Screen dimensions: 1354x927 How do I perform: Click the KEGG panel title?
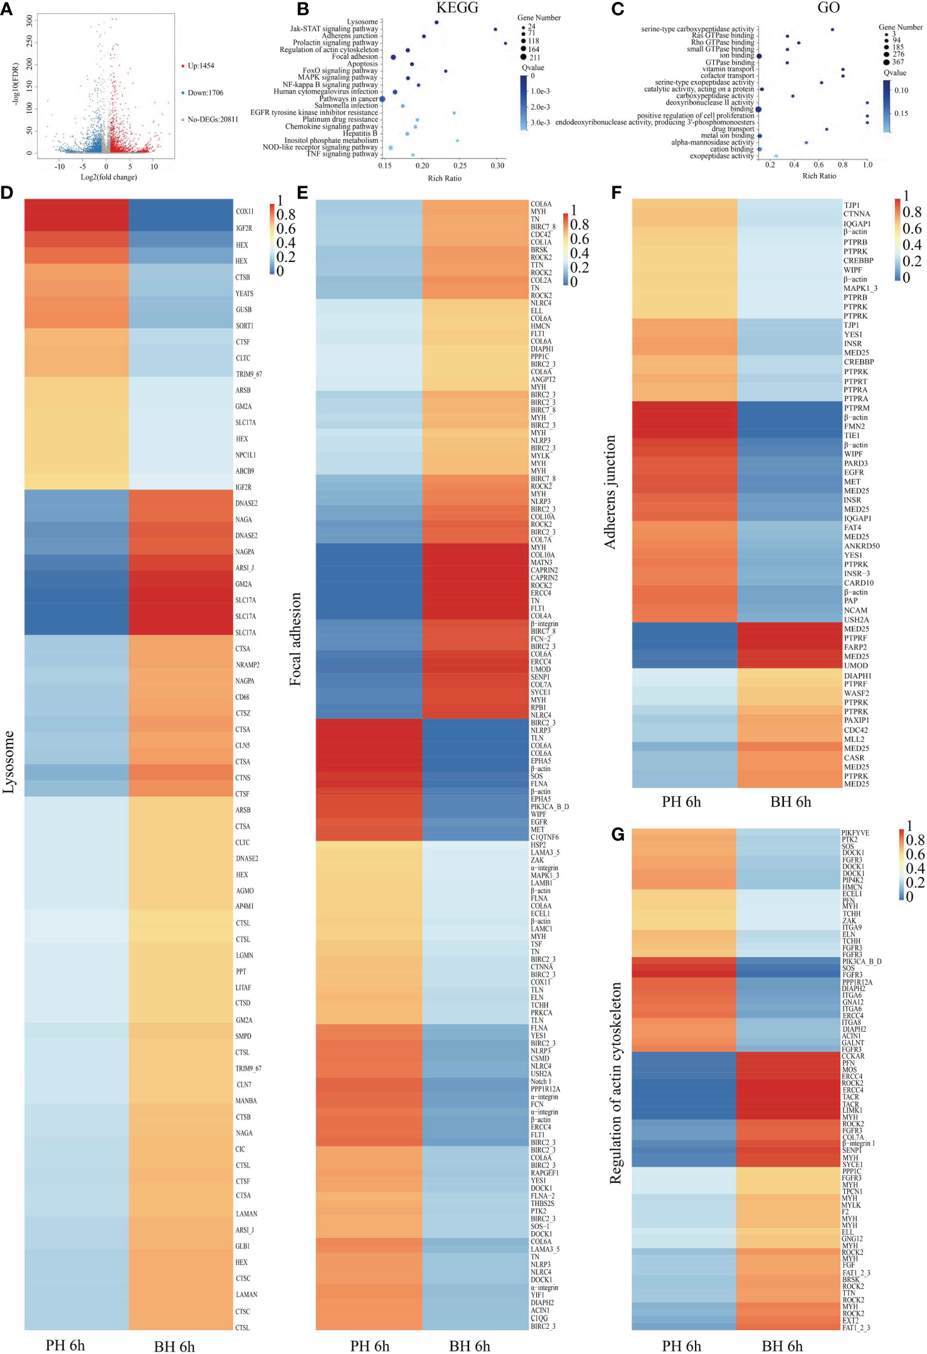tap(457, 8)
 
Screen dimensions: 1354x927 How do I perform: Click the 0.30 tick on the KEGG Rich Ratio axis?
tap(497, 166)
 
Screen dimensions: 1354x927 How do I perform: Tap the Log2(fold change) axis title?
tap(109, 177)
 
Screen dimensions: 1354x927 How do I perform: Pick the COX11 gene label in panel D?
tap(245, 212)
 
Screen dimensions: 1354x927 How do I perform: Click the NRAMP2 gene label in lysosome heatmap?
tap(247, 665)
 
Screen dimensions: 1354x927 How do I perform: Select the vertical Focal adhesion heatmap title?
tap(295, 639)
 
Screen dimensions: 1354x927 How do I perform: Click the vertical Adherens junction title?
tap(610, 492)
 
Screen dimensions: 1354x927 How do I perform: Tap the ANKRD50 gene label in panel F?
tap(861, 546)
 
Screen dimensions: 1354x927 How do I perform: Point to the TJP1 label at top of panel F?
tap(851, 206)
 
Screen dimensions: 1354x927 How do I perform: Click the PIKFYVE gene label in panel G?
tap(855, 833)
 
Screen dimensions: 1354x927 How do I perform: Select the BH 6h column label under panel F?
tap(790, 802)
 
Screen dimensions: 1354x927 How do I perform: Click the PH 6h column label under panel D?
tap(65, 1346)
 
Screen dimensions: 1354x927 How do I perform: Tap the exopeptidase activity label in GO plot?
tap(721, 156)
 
